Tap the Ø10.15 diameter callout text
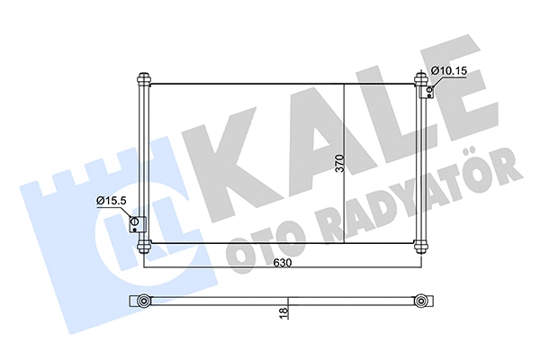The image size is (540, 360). tap(449, 70)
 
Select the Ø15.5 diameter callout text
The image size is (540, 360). tap(112, 201)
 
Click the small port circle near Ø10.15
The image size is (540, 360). tap(430, 88)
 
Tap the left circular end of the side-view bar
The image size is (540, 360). tap(142, 301)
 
